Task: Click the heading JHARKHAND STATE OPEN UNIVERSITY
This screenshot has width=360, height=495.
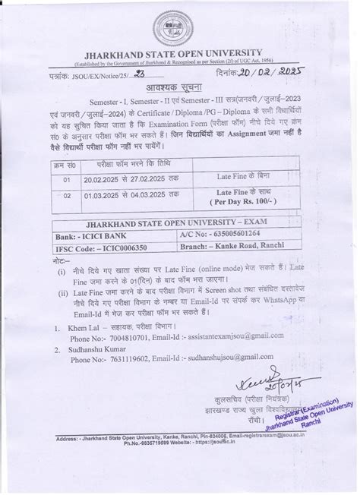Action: pos(179,57)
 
